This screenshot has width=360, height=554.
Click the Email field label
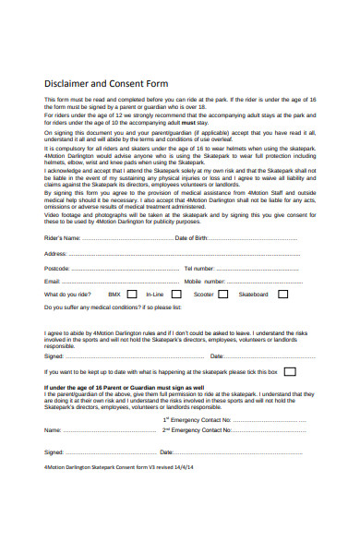click(x=53, y=281)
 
